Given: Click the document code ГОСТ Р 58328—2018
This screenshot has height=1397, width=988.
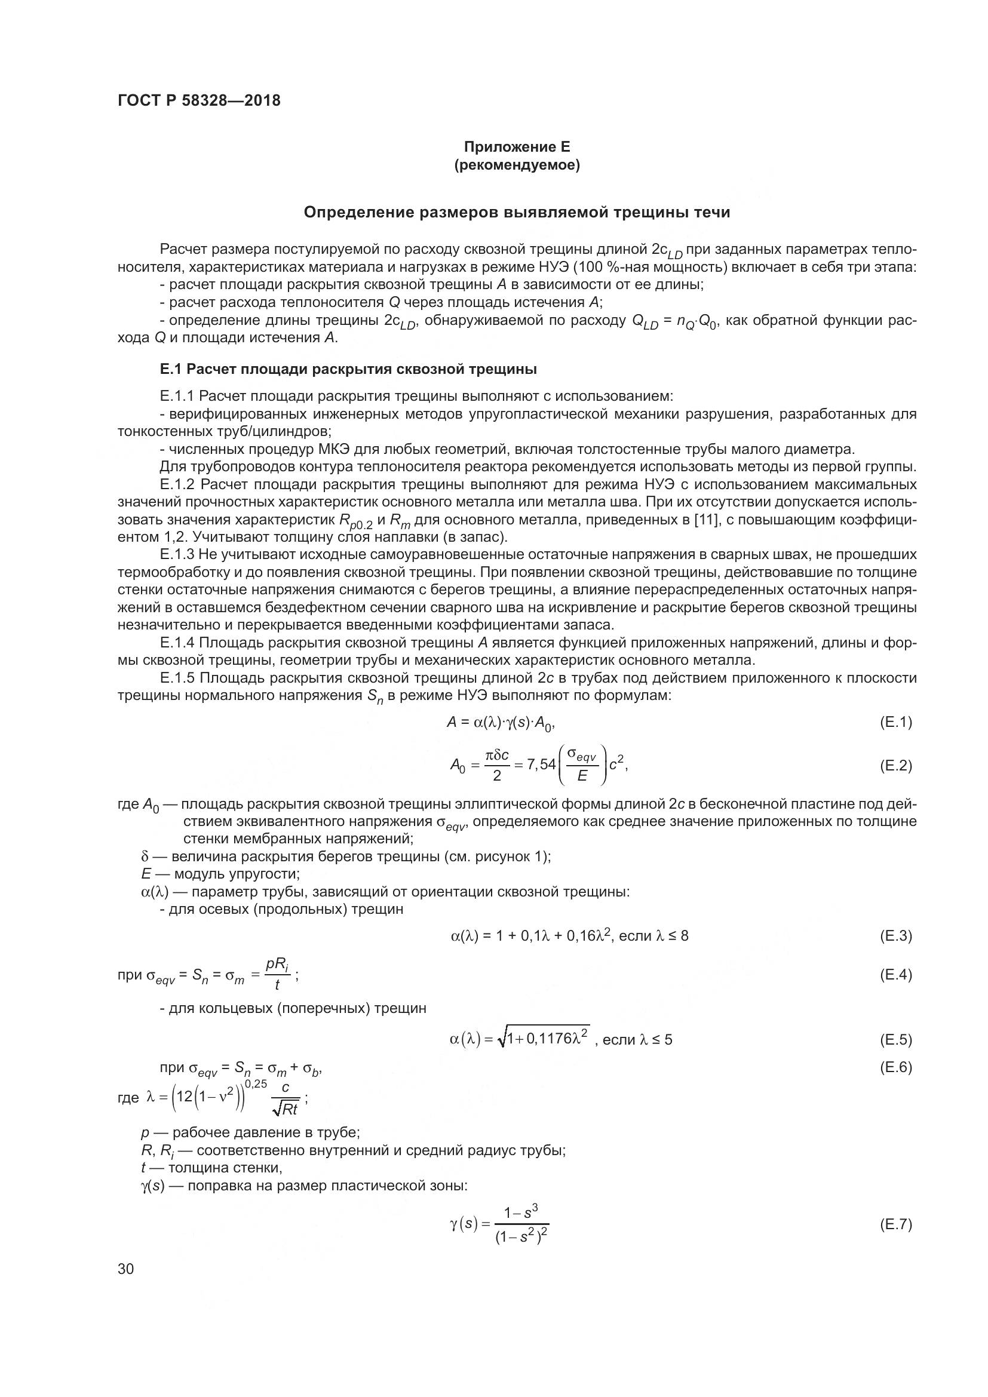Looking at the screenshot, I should click(x=199, y=100).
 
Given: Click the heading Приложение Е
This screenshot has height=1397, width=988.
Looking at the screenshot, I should click(x=517, y=147).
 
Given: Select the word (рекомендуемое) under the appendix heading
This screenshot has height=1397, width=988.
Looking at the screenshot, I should click(x=517, y=165).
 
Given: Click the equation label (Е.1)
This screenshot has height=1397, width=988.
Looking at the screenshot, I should click(x=895, y=722).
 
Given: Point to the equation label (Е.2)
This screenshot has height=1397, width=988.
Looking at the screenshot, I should click(x=895, y=766).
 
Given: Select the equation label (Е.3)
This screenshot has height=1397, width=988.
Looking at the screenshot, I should click(x=895, y=936).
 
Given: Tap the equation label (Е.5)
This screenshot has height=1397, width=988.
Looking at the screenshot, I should click(x=895, y=1040).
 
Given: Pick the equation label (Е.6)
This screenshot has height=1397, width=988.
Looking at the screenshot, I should click(x=895, y=1067).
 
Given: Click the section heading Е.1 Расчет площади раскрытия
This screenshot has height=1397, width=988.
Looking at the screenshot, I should click(x=348, y=369).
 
